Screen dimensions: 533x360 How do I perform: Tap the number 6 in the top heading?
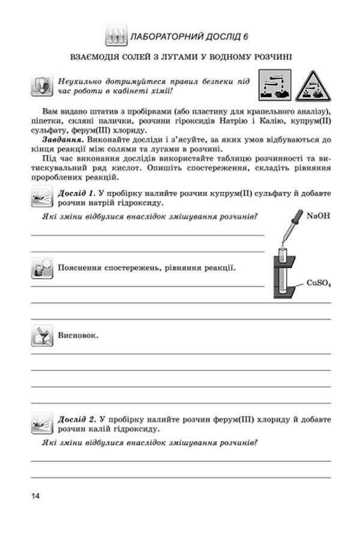246,37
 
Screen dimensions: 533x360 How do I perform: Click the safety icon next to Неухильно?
41,86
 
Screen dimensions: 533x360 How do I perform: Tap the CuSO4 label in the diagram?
319,282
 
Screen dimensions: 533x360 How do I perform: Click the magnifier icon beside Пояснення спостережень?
41,268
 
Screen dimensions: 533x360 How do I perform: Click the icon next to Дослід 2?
41,423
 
